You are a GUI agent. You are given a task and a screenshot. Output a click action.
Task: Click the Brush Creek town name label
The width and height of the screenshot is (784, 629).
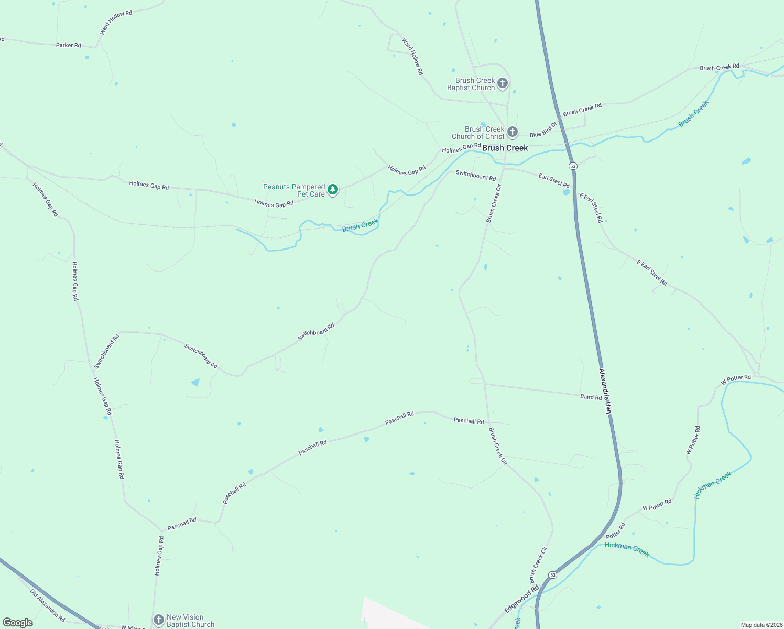coord(505,148)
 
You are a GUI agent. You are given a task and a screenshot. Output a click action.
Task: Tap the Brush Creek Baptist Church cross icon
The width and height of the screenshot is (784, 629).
coord(502,83)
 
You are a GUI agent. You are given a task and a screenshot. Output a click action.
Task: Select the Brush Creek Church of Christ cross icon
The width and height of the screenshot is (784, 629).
coord(512,132)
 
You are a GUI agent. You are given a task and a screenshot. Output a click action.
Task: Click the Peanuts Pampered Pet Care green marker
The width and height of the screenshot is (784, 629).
coord(332,190)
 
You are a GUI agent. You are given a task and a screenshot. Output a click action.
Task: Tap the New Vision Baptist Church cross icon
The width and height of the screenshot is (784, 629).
coord(158,620)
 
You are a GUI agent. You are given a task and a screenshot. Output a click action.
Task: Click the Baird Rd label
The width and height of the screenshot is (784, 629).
coord(591,397)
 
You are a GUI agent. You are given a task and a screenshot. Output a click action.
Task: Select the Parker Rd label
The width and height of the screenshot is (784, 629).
coord(68,45)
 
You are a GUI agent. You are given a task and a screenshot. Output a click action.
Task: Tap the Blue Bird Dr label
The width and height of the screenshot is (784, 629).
coord(543,130)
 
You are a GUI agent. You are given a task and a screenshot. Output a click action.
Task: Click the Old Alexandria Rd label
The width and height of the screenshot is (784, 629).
coord(47,605)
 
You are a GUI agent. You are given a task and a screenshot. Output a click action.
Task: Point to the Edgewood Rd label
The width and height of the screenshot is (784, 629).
coord(521,599)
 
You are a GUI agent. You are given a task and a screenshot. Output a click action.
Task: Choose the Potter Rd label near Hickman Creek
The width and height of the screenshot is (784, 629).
coord(615,530)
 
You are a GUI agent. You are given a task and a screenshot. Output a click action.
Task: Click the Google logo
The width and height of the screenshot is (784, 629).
coord(18,623)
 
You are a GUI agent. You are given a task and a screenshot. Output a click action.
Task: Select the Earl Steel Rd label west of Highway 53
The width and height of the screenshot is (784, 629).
coord(553,180)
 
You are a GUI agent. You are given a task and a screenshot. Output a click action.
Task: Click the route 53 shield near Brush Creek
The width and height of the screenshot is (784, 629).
coord(572,166)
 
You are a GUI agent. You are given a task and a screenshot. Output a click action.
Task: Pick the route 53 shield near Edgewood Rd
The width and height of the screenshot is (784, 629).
coord(552,575)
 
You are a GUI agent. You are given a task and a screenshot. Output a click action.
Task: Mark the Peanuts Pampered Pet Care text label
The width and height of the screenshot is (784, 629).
coord(294,190)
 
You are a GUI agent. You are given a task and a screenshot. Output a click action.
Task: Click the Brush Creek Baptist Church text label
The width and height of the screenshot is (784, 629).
coord(471,84)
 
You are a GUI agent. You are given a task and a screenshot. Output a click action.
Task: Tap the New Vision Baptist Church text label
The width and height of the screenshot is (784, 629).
coord(190,621)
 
